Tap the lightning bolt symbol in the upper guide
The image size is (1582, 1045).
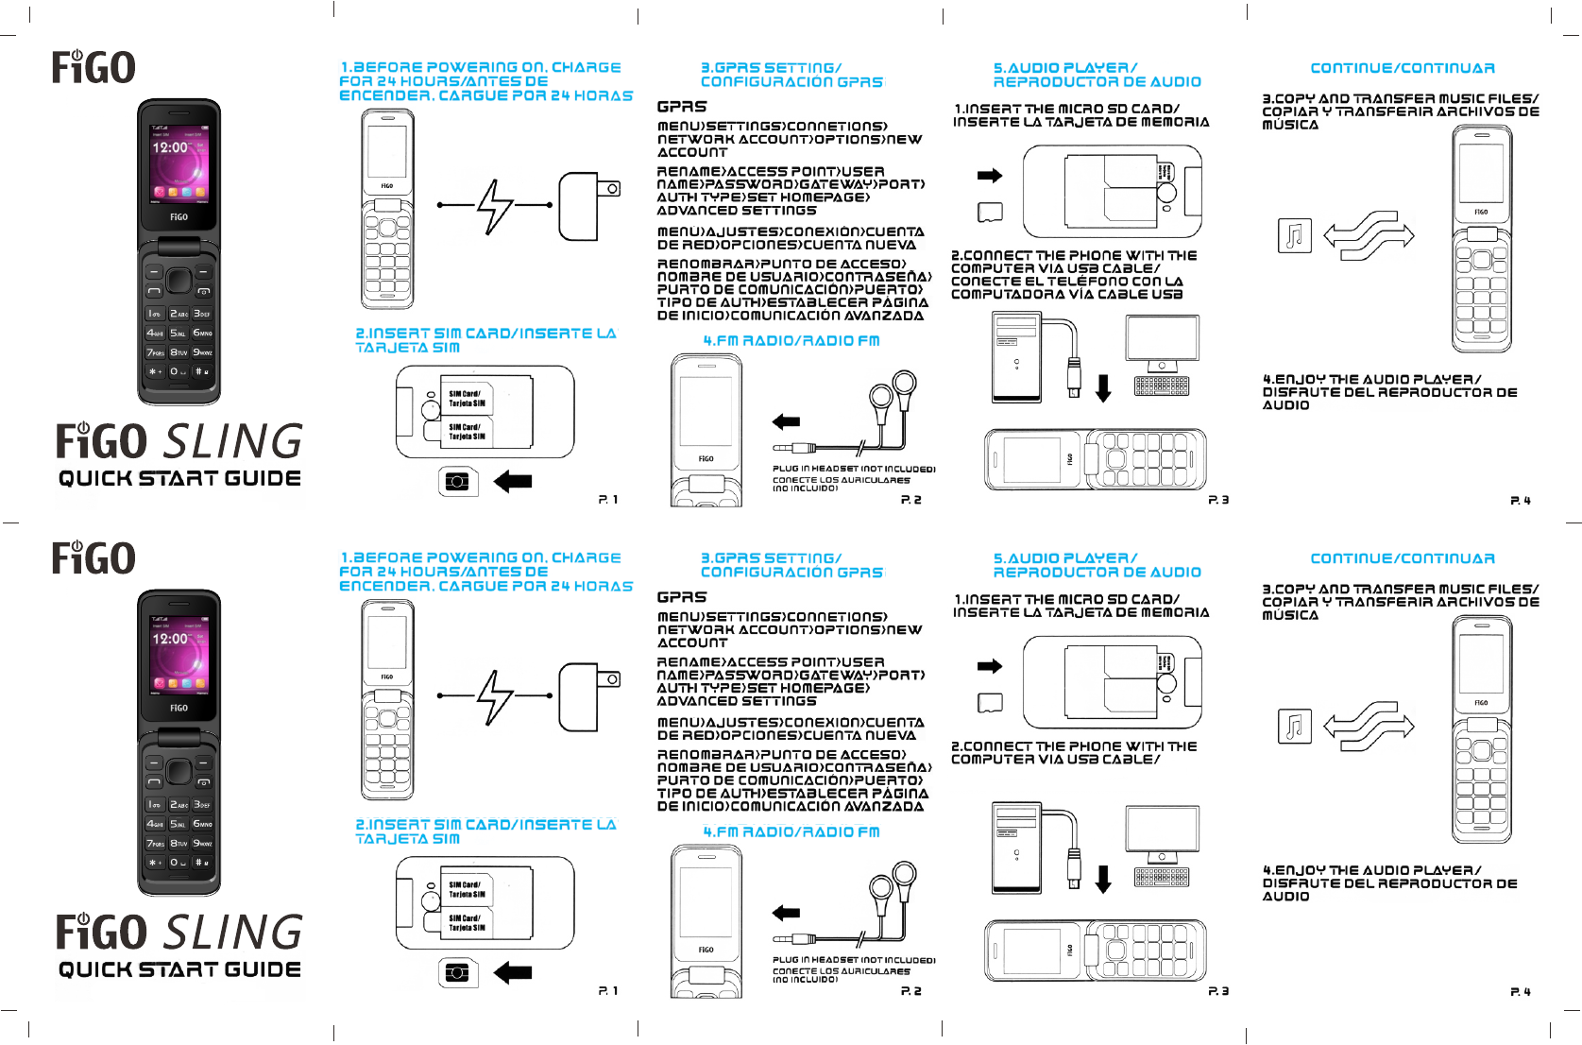click(494, 205)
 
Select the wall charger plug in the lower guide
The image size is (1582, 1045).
click(589, 697)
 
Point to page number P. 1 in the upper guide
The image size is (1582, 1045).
click(608, 500)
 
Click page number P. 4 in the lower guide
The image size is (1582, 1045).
click(1521, 992)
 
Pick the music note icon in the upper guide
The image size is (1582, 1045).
click(1294, 235)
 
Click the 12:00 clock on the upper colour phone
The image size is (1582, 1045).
click(170, 148)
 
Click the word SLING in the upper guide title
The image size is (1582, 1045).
click(234, 442)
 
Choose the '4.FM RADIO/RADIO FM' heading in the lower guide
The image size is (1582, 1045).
click(791, 832)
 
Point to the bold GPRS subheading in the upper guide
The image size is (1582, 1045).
click(682, 108)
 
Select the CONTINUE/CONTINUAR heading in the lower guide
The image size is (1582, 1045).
click(1403, 559)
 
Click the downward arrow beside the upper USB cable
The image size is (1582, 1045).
click(1103, 387)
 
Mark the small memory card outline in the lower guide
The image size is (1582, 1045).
click(990, 703)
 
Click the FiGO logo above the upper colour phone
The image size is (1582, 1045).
click(94, 68)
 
